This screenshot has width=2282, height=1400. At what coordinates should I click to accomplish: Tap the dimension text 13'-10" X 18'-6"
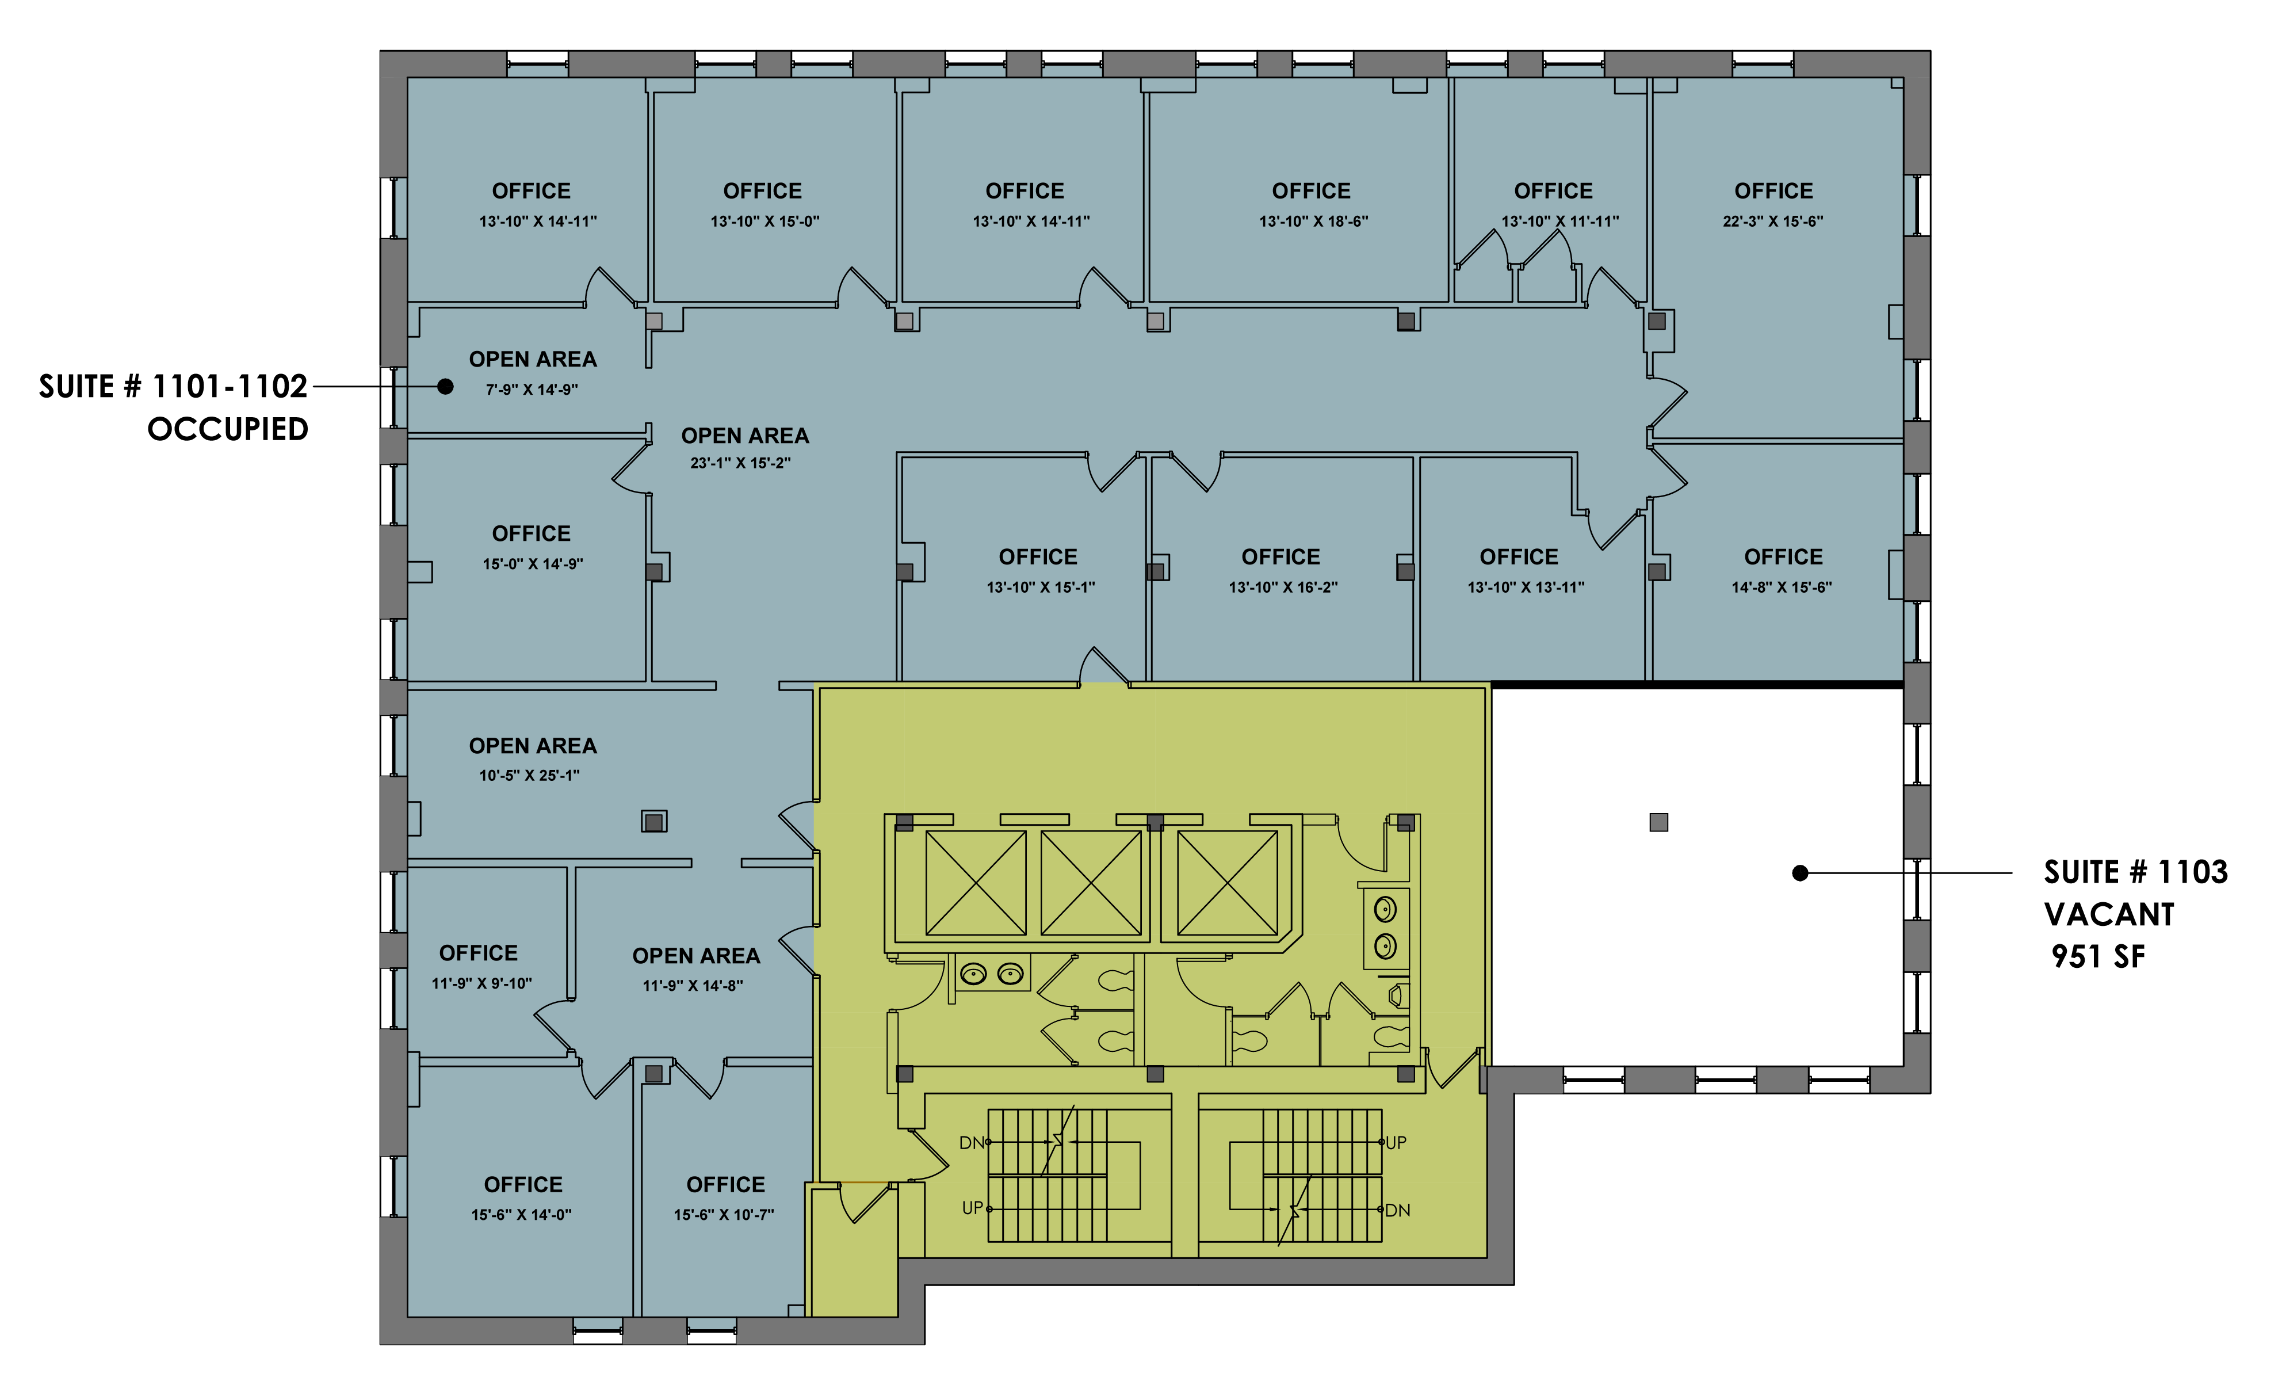[x=1313, y=222]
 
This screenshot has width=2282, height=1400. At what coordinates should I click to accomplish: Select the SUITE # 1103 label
[x=2136, y=872]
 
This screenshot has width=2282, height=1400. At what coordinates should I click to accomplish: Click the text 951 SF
[x=2098, y=956]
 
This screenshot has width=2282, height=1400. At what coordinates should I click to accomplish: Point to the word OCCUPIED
[x=228, y=429]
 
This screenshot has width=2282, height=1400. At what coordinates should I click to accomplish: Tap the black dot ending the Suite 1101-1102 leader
[x=445, y=386]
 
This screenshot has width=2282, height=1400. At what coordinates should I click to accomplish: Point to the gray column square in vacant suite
[x=1658, y=822]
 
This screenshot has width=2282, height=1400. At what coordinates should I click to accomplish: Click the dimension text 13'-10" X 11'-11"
[x=1561, y=222]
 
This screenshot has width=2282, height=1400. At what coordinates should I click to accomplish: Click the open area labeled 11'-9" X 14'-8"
[x=694, y=968]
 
